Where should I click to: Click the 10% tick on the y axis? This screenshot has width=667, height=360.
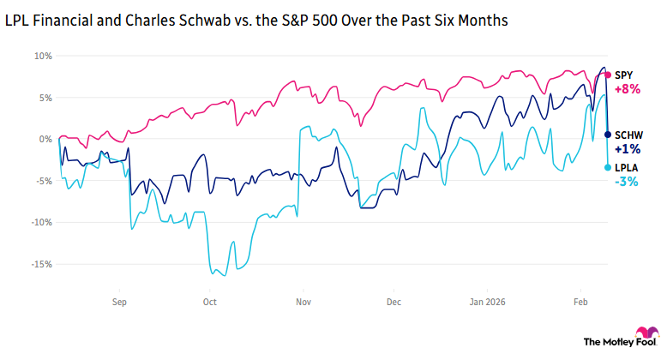pos(43,56)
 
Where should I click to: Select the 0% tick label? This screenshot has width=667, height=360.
pos(45,139)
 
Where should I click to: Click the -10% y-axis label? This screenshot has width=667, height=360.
pos(40,222)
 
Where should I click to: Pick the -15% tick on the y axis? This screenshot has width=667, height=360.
pos(40,264)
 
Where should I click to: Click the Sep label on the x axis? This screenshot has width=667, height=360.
pos(119,302)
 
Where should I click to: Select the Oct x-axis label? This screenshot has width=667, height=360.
pos(210,302)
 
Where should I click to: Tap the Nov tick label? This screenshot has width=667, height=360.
pos(303,302)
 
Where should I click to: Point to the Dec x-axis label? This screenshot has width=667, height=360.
pos(394,302)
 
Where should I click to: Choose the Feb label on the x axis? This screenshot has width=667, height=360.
pos(579,302)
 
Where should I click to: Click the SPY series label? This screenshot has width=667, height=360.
pos(625,75)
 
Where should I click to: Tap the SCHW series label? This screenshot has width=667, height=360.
pos(630,135)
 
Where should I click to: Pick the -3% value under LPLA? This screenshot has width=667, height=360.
pos(626,182)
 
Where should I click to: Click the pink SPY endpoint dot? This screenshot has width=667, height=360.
pos(608,75)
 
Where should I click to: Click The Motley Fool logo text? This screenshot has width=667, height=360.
pos(608,341)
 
